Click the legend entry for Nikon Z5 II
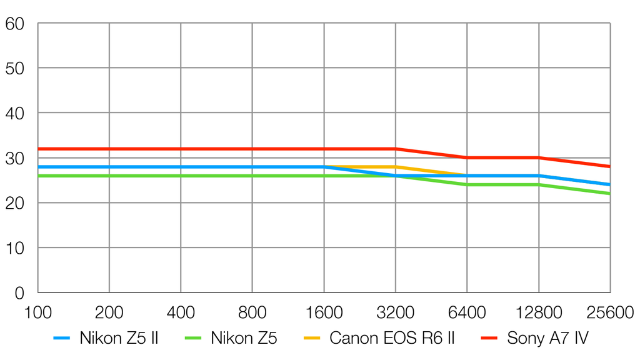point(118,339)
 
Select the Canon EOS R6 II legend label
point(392,339)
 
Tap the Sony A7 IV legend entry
point(547,339)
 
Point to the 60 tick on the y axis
point(14,24)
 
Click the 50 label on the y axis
point(14,68)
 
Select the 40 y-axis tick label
point(14,113)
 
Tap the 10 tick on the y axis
point(14,248)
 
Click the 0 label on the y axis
point(19,292)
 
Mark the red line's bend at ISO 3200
point(396,149)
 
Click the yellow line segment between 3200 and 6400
point(431,171)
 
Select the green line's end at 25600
point(609,194)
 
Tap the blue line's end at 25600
point(609,184)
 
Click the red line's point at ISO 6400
point(467,157)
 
